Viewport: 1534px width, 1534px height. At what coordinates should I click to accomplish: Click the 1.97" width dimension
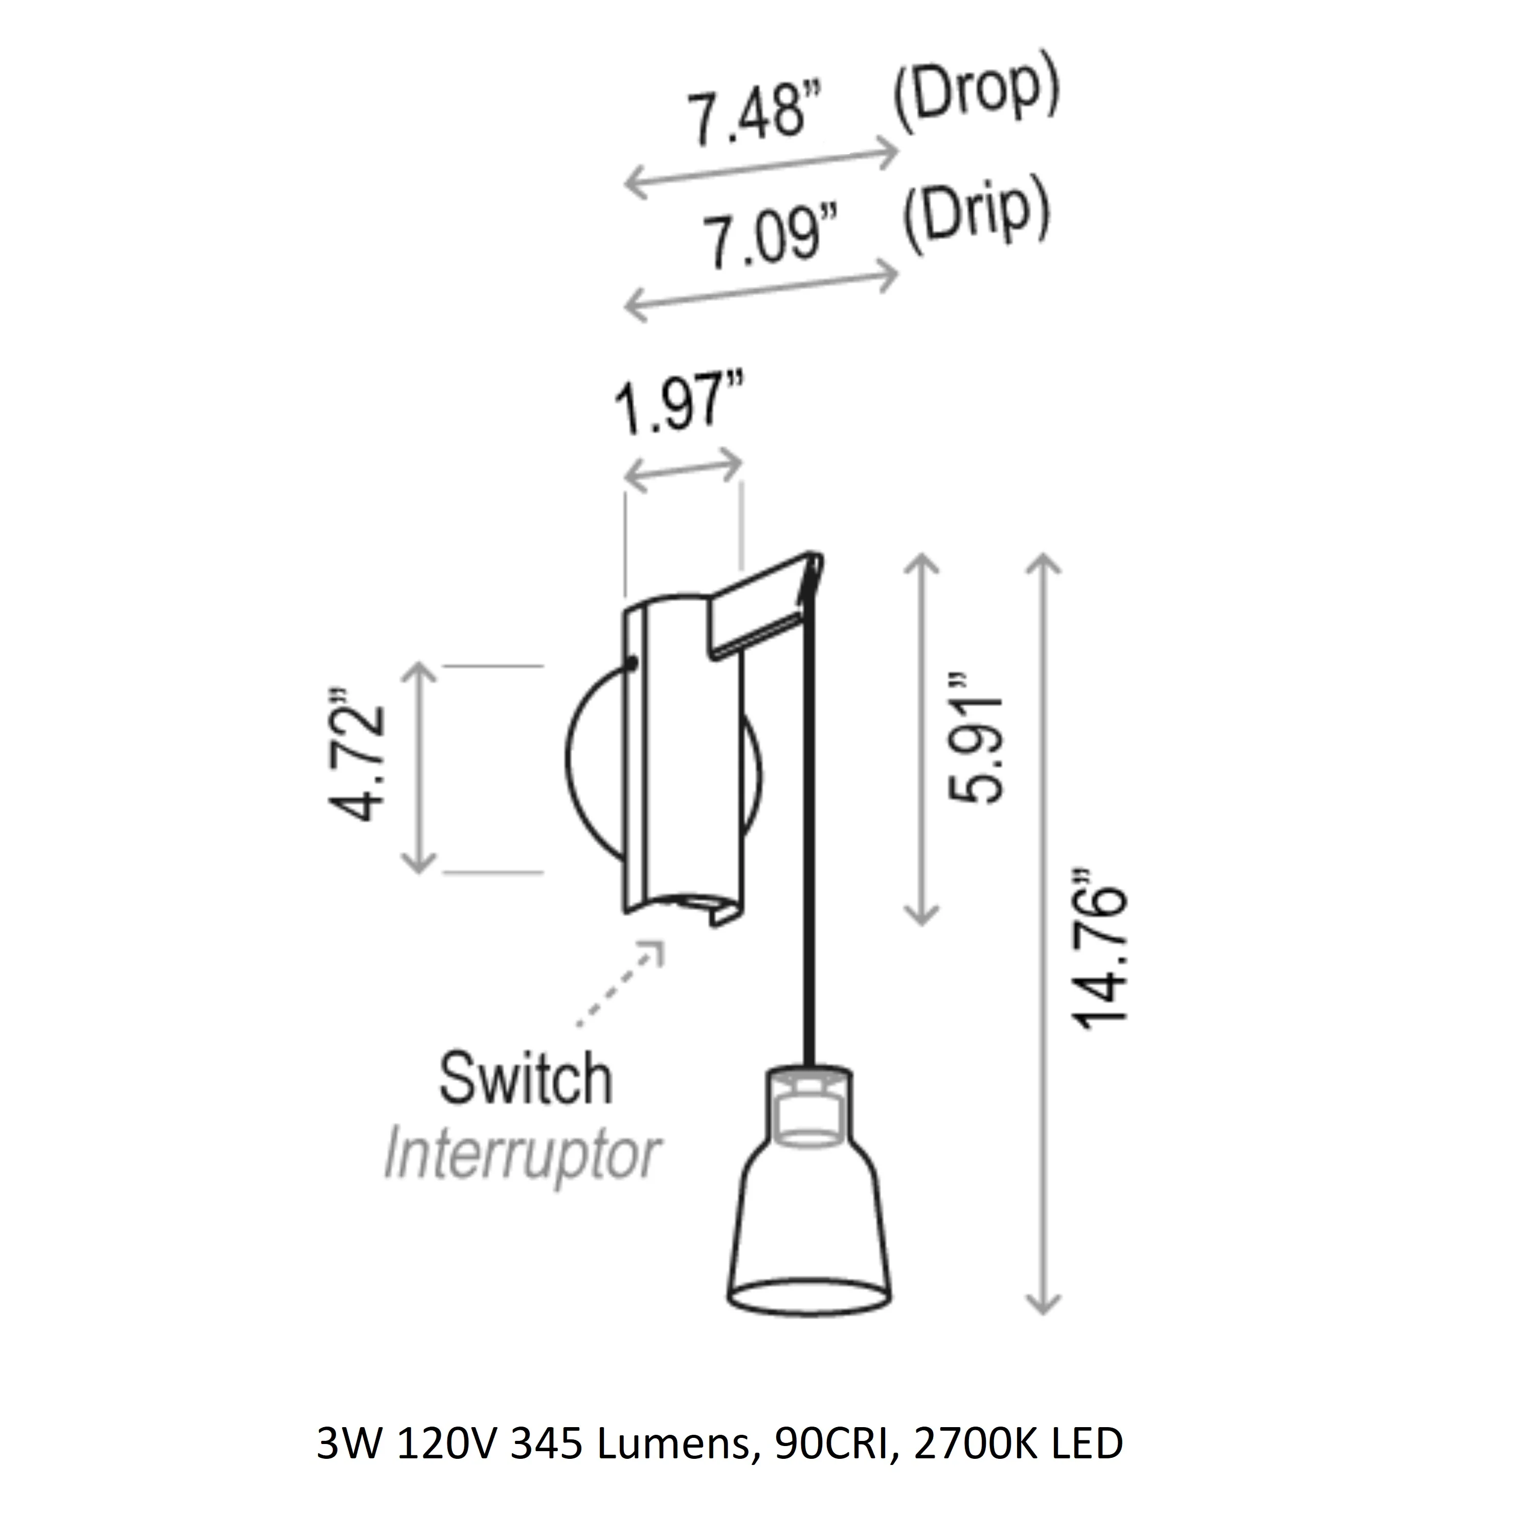pyautogui.click(x=679, y=408)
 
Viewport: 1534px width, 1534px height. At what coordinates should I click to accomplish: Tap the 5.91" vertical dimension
pyautogui.click(x=976, y=737)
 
